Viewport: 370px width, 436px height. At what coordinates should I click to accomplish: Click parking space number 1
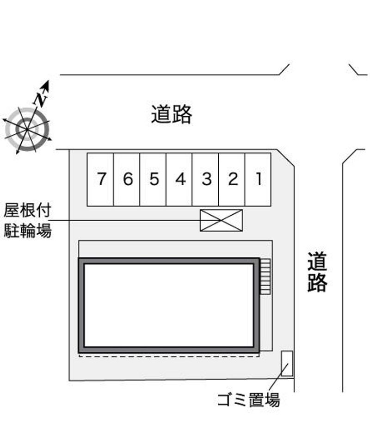pyautogui.click(x=258, y=179)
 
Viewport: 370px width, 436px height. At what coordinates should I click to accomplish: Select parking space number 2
pyautogui.click(x=232, y=179)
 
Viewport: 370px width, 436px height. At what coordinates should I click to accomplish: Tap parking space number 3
pyautogui.click(x=205, y=179)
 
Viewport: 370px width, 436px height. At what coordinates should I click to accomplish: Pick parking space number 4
pyautogui.click(x=179, y=179)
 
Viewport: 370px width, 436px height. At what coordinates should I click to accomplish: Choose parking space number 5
pyautogui.click(x=153, y=179)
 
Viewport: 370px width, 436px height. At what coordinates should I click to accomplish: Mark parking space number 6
pyautogui.click(x=127, y=179)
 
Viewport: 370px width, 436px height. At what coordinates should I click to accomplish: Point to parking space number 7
pyautogui.click(x=100, y=179)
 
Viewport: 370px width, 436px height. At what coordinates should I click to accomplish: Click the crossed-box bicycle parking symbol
pyautogui.click(x=222, y=220)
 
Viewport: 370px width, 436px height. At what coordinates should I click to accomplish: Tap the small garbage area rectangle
pyautogui.click(x=287, y=364)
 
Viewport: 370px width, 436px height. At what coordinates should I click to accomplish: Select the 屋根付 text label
pyautogui.click(x=27, y=210)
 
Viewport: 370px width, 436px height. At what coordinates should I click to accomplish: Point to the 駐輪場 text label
pyautogui.click(x=27, y=230)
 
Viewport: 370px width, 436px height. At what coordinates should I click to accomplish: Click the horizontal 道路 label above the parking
pyautogui.click(x=172, y=114)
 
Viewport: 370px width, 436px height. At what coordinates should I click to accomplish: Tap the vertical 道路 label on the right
pyautogui.click(x=317, y=272)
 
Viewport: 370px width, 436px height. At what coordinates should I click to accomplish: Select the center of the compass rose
pyautogui.click(x=27, y=130)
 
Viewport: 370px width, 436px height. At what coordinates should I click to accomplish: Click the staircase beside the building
pyautogui.click(x=265, y=277)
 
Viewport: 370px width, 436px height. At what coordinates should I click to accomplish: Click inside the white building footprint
pyautogui.click(x=169, y=305)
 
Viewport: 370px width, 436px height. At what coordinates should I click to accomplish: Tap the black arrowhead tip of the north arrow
pyautogui.click(x=49, y=81)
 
